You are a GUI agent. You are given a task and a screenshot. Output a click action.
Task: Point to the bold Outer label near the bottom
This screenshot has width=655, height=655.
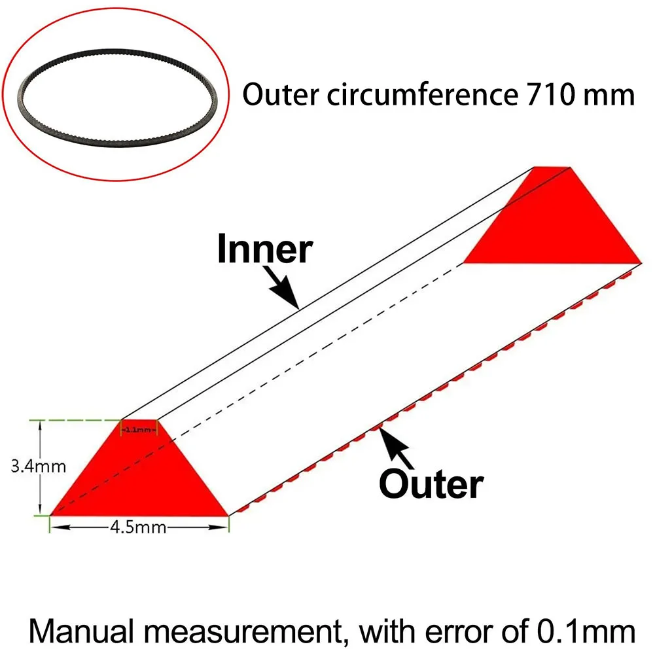click(431, 485)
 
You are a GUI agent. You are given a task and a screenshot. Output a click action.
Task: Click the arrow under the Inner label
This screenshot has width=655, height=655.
click(283, 292)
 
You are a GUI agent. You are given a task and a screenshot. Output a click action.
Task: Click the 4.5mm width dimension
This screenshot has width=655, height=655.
click(139, 527)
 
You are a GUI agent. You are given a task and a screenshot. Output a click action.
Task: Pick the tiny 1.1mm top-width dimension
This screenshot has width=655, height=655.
click(140, 430)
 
